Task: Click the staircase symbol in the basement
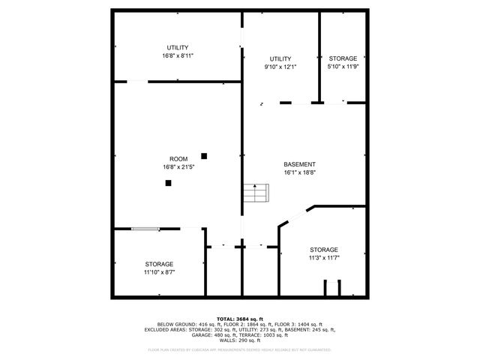255,193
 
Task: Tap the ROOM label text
178,159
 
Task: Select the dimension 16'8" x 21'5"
178,166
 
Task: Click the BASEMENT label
299,164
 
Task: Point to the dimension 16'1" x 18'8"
299,172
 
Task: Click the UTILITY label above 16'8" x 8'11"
178,48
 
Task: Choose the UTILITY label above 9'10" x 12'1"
280,59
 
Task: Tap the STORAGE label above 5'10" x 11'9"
343,59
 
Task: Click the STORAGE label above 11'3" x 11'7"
324,250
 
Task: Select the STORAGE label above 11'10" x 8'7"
159,264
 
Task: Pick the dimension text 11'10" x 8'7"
159,272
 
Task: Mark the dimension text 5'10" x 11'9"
343,67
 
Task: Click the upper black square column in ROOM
203,156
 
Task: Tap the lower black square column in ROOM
169,182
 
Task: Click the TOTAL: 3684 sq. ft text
240,319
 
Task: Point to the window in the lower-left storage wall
145,229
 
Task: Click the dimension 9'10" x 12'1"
280,67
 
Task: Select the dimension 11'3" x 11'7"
324,258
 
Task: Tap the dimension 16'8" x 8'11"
178,56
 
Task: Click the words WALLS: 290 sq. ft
240,341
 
